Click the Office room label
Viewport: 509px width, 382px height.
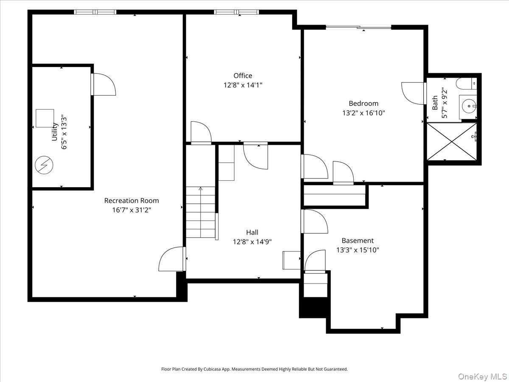pyautogui.click(x=243, y=76)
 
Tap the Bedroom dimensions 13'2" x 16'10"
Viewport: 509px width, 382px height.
pyautogui.click(x=364, y=113)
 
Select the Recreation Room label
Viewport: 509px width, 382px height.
pyautogui.click(x=131, y=200)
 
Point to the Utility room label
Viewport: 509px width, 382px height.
pyautogui.click(x=55, y=132)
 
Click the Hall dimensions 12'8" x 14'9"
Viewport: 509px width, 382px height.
pyautogui.click(x=252, y=242)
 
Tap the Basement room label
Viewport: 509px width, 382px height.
pyautogui.click(x=358, y=240)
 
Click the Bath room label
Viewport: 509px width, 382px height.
pyautogui.click(x=435, y=103)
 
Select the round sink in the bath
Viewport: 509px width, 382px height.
pyautogui.click(x=468, y=104)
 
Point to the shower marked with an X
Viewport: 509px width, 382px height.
pyautogui.click(x=451, y=141)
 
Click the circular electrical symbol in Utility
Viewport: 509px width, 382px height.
pyautogui.click(x=44, y=165)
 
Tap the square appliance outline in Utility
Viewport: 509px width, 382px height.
pyautogui.click(x=45, y=118)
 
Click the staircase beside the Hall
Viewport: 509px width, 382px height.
pyautogui.click(x=200, y=212)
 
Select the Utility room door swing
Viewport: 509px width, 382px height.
pyautogui.click(x=104, y=84)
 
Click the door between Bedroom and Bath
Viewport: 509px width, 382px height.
pyautogui.click(x=414, y=93)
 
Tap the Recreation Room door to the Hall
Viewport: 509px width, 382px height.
pyautogui.click(x=172, y=259)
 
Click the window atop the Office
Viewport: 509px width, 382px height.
pyautogui.click(x=237, y=12)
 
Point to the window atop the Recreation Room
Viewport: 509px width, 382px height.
pyautogui.click(x=95, y=12)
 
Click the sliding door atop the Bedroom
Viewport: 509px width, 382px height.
pyautogui.click(x=358, y=27)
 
